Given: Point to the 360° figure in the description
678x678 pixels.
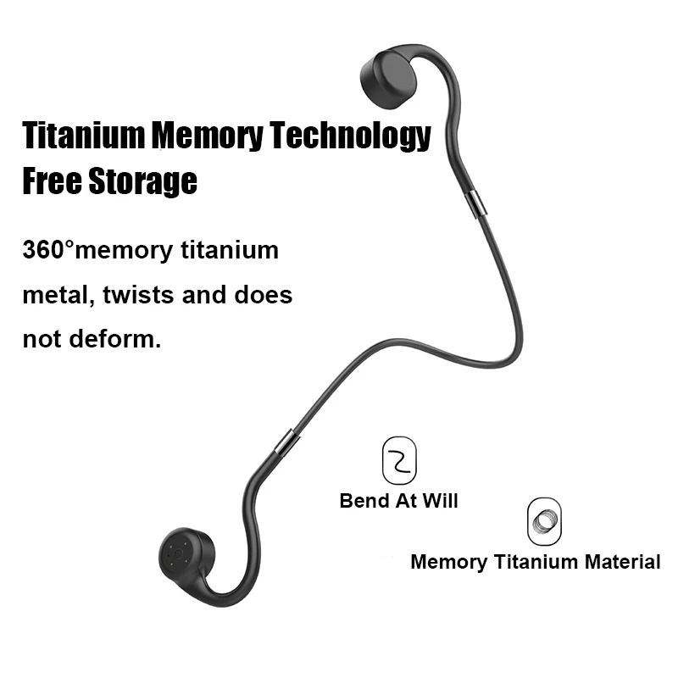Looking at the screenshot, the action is click(x=49, y=251).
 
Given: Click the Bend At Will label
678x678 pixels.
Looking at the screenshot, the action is click(x=398, y=500).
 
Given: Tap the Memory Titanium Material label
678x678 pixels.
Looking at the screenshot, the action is click(x=535, y=561).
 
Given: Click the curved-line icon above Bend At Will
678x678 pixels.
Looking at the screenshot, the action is click(x=399, y=460).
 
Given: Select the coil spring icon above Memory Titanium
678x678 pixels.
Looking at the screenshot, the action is click(x=544, y=521).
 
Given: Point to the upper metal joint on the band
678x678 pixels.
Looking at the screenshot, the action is click(x=475, y=203).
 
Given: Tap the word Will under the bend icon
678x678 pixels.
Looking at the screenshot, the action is click(x=440, y=500).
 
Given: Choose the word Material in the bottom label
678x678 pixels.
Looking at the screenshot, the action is click(x=622, y=561).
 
